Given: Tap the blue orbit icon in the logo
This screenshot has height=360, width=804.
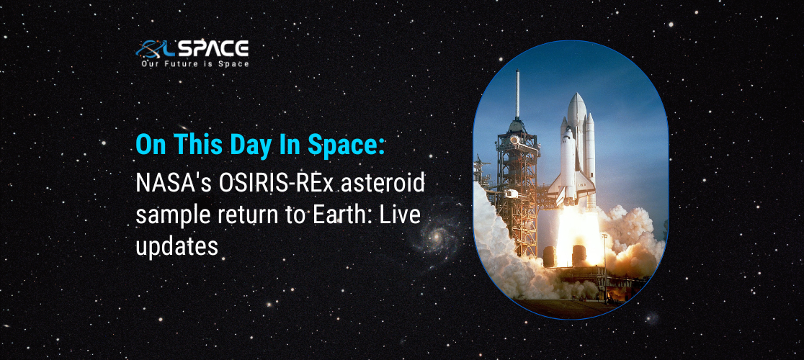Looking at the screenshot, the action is click(151, 50).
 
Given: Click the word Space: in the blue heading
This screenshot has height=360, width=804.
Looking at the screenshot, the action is click(346, 145).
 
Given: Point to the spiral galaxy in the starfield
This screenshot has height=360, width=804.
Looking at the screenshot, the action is click(437, 237).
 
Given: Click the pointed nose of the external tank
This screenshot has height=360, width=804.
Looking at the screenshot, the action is click(577, 95).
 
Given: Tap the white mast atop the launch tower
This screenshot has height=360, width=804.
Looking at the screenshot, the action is click(517, 95).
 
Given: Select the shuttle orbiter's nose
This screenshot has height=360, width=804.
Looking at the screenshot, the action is click(568, 131).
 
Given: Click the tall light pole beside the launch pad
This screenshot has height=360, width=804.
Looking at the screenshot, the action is click(606, 266).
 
